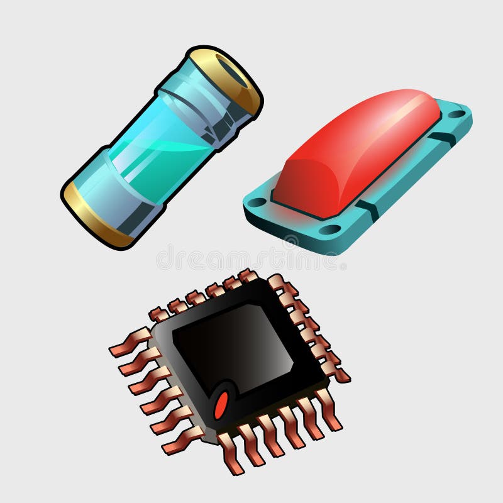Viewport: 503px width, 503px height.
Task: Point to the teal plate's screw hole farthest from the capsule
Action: tap(456, 114)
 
